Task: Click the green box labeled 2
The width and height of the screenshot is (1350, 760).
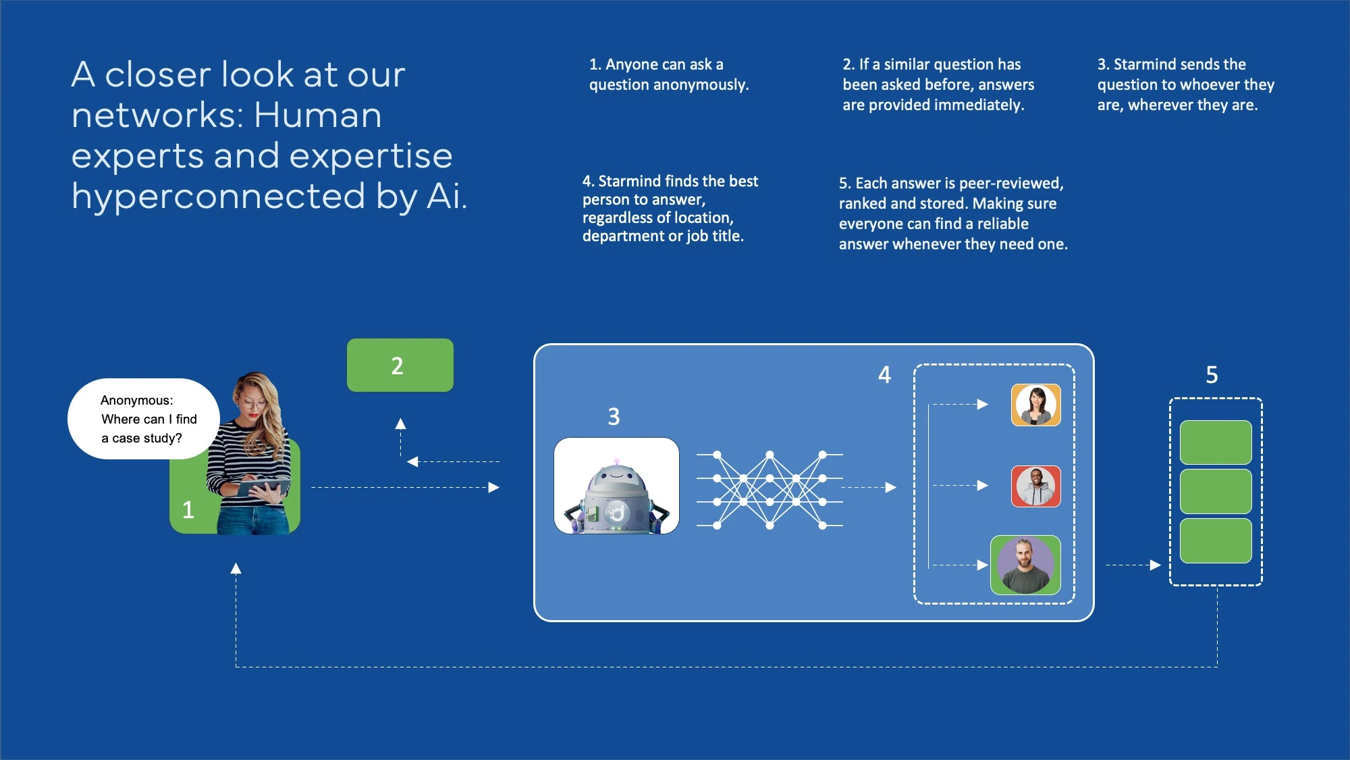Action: pyautogui.click(x=400, y=365)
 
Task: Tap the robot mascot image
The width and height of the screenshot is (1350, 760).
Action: pyautogui.click(x=616, y=486)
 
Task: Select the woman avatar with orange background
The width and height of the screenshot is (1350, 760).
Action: pyautogui.click(x=1035, y=405)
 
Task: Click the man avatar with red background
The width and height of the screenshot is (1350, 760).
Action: pyautogui.click(x=1035, y=486)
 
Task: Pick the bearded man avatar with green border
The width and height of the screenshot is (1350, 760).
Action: pyautogui.click(x=1025, y=565)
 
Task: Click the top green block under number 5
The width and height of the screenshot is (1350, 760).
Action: pyautogui.click(x=1215, y=442)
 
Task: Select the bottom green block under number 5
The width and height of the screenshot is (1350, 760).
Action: pyautogui.click(x=1215, y=540)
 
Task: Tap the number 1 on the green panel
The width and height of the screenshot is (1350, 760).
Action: pyautogui.click(x=188, y=510)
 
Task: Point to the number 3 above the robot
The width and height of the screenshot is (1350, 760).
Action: pyautogui.click(x=614, y=417)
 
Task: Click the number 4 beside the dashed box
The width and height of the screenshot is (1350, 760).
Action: pyautogui.click(x=884, y=375)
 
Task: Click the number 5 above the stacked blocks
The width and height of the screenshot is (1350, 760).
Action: pyautogui.click(x=1212, y=375)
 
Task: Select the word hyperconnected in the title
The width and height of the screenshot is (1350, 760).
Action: pyautogui.click(x=218, y=197)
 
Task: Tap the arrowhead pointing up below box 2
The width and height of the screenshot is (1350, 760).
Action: pyautogui.click(x=400, y=424)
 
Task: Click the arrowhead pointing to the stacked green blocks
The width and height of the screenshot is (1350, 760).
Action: pyautogui.click(x=1156, y=565)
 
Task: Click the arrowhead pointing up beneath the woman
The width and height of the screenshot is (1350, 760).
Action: pyautogui.click(x=236, y=569)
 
